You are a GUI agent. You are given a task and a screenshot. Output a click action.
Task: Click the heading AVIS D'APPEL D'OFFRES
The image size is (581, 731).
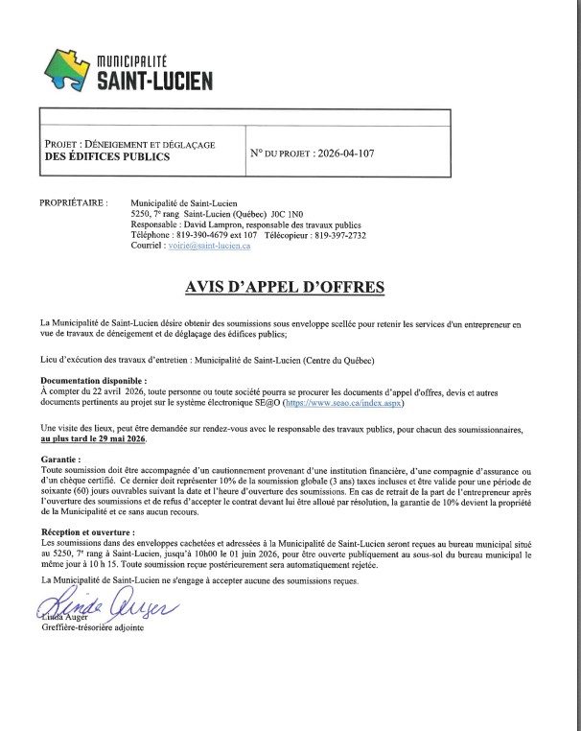pos(289,286)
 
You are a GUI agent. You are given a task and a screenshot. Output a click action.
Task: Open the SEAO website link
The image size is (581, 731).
pos(442,404)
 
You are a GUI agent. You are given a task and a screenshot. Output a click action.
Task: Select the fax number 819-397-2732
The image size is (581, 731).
pos(336,235)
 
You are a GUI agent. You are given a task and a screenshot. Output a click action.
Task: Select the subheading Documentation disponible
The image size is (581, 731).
pos(94,382)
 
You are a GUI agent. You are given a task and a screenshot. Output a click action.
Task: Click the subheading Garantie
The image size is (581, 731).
pos(60,460)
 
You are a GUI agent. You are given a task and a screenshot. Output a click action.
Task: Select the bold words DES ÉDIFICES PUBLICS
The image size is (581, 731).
pos(107,156)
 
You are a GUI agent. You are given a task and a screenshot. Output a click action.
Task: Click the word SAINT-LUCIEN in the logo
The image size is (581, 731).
pos(155,81)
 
